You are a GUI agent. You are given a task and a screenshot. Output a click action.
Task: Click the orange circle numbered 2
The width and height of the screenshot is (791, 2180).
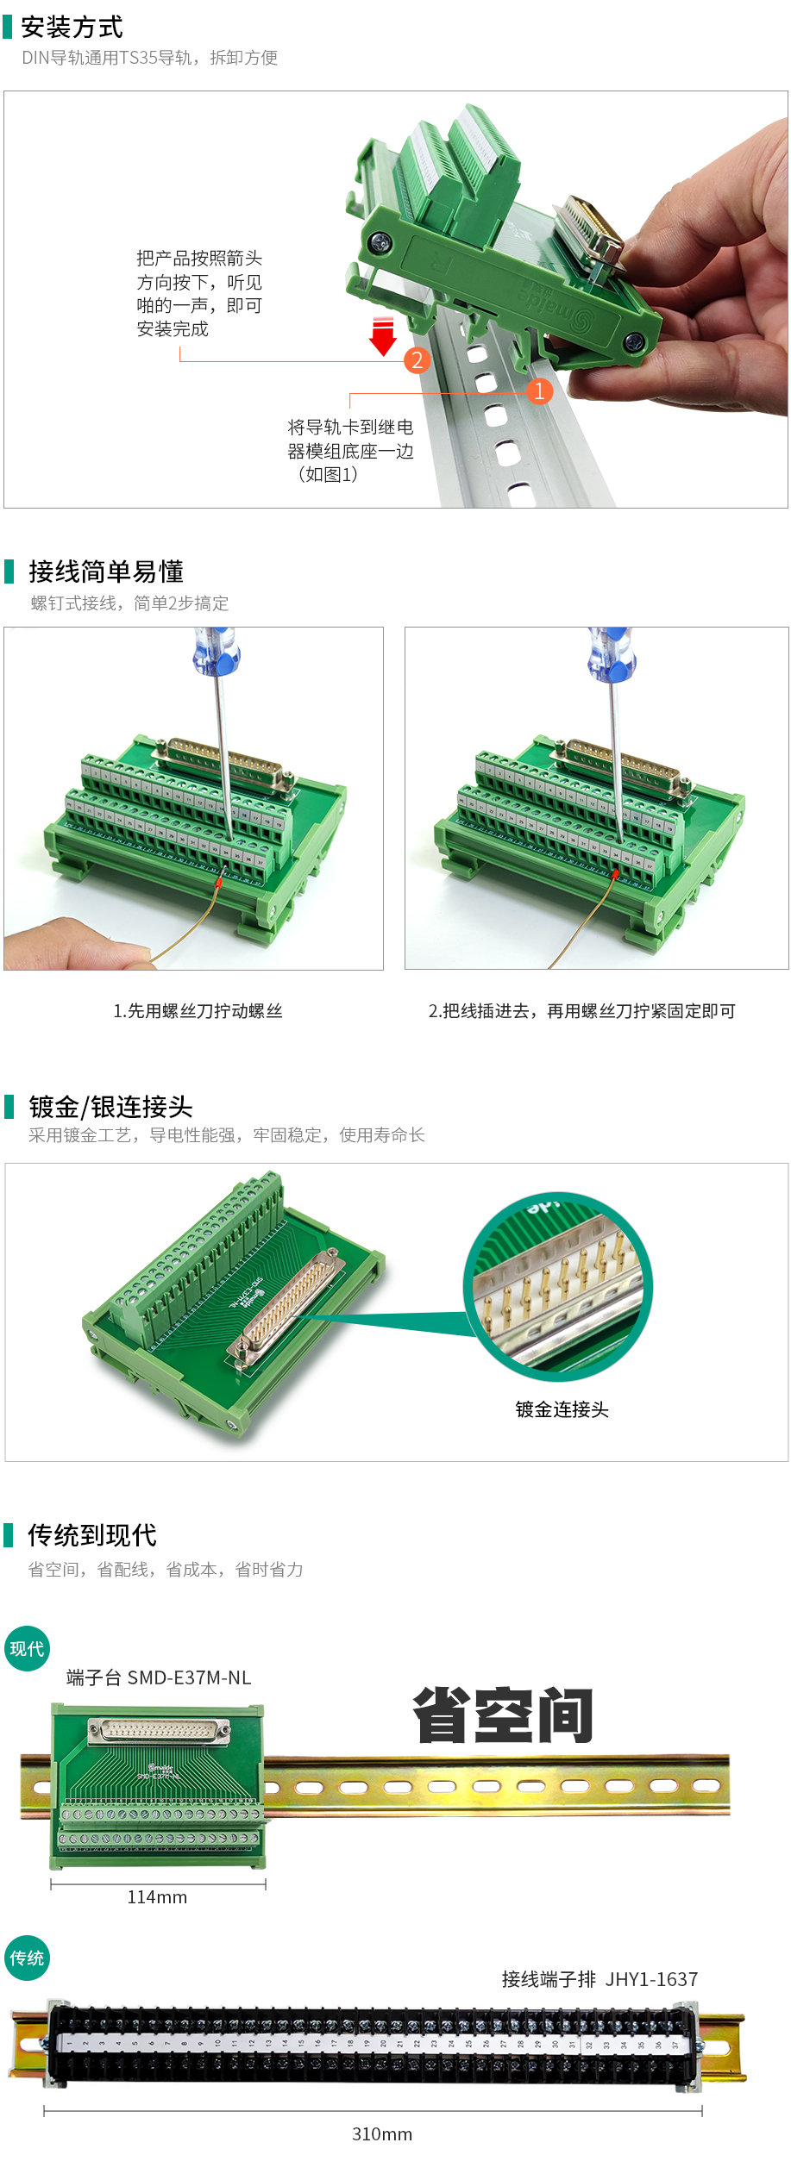coord(417,359)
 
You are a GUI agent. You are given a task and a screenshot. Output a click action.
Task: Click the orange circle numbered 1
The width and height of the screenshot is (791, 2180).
coord(539,391)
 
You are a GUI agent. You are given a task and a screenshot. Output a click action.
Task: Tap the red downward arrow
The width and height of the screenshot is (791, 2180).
coord(382,336)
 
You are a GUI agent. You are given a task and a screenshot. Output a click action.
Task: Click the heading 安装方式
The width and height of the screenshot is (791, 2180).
coord(72,28)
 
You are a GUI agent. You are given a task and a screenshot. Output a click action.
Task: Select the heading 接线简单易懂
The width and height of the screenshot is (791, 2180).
coord(105,572)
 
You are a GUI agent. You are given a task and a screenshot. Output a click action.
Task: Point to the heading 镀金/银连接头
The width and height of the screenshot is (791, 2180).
coord(110,1107)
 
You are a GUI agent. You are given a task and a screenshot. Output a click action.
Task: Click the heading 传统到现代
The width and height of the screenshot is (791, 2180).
coord(92,1535)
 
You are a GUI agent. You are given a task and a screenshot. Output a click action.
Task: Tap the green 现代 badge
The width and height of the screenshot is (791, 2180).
coord(27,1649)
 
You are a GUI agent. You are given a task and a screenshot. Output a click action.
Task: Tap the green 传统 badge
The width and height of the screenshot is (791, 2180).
coord(27,1958)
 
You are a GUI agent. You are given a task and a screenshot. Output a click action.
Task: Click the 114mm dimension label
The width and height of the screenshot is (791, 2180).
coord(157,1897)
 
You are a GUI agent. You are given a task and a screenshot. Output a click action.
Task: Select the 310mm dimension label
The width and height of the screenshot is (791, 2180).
coord(382,2134)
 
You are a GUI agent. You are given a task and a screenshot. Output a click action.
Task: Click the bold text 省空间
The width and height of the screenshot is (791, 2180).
coord(503,1716)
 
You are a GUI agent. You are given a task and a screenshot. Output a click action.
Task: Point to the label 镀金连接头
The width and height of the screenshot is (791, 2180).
coord(562,1409)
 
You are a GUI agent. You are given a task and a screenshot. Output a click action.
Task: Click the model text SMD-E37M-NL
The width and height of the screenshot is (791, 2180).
coord(189,1677)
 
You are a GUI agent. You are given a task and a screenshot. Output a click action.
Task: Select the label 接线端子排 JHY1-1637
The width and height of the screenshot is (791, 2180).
coord(600,1979)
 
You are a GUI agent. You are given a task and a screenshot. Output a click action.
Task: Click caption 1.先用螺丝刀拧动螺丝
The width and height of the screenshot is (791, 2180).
coord(198,1011)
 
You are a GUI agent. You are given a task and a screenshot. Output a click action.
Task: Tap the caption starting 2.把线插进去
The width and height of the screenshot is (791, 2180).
coord(581,1011)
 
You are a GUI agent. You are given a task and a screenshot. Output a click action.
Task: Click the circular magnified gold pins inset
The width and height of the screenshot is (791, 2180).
coord(558,1287)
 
